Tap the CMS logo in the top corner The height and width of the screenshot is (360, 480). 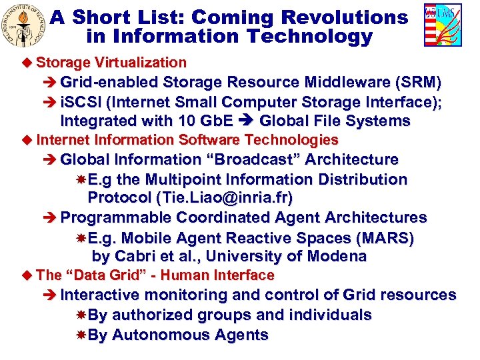click(442, 25)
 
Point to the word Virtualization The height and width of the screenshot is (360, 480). click(140, 63)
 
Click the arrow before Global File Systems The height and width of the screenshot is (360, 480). click(248, 121)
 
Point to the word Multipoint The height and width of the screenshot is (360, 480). click(187, 179)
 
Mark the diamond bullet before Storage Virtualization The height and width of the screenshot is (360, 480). click(27, 63)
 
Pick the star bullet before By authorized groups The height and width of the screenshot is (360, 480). click(81, 315)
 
